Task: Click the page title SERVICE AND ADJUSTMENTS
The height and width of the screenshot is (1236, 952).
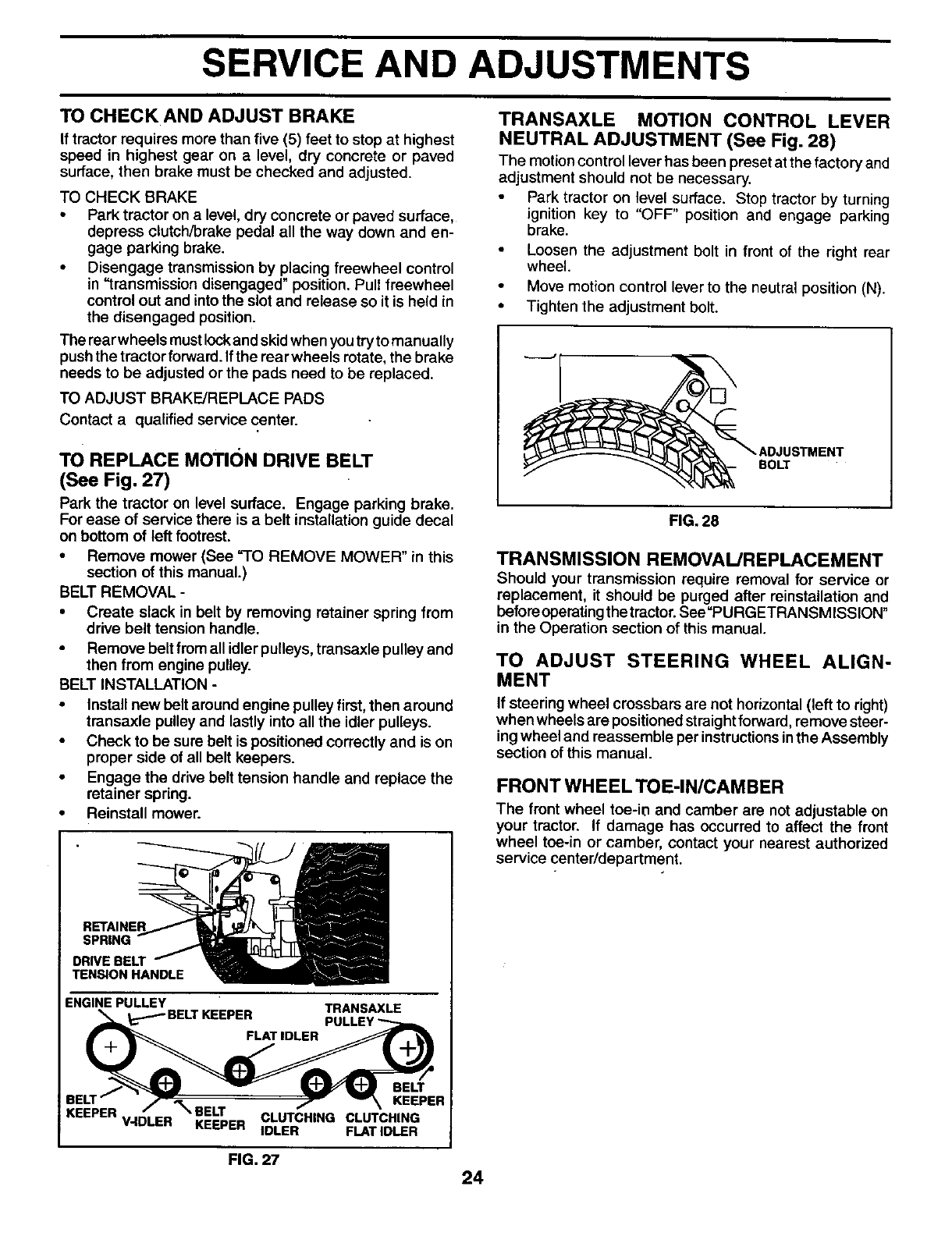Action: [475, 66]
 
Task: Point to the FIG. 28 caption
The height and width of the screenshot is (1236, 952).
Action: [694, 521]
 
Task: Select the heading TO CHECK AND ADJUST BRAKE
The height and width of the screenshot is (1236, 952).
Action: [208, 117]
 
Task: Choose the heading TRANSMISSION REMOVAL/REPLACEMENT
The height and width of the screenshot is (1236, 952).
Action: [690, 559]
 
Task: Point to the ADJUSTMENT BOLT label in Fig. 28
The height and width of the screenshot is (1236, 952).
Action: [801, 458]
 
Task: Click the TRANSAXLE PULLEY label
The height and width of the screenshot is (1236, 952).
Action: [362, 1014]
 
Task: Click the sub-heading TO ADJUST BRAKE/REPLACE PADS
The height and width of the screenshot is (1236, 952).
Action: [192, 398]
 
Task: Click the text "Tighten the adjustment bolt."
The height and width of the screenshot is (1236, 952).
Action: [622, 307]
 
